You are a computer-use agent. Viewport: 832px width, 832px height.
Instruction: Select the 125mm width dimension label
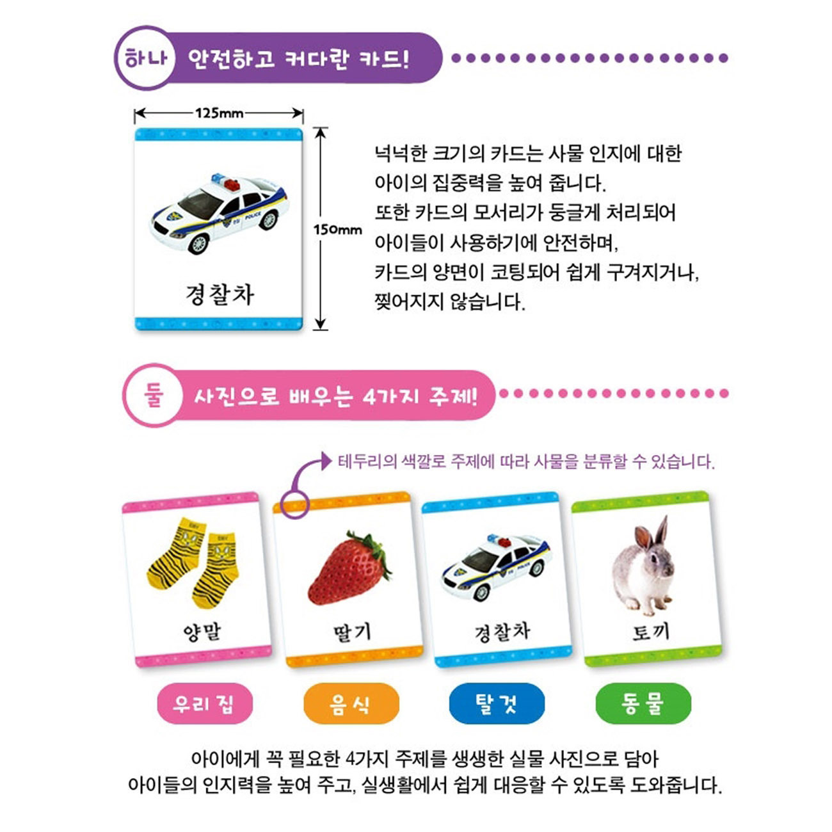[219, 113]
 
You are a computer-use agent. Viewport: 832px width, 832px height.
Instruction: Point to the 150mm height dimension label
[337, 230]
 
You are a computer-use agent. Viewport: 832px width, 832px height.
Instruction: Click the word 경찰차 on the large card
[220, 294]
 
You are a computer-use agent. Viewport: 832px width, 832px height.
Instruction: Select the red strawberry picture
[349, 568]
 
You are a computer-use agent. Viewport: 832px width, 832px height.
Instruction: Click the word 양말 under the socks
[202, 632]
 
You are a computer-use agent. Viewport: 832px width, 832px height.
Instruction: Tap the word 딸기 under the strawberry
[352, 632]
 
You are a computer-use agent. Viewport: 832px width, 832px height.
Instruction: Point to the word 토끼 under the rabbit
[650, 632]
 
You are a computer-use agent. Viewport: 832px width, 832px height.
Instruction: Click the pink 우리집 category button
[205, 704]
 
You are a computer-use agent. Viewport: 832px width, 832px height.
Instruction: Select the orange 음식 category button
[350, 704]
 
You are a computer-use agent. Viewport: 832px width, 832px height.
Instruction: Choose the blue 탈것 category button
[496, 703]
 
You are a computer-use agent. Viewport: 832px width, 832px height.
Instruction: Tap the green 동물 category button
[643, 703]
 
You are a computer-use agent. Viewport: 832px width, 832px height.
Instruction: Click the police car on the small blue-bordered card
[497, 567]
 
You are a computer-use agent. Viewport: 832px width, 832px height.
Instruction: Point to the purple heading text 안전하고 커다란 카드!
[298, 59]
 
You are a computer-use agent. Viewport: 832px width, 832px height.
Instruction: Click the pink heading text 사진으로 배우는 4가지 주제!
[335, 396]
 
